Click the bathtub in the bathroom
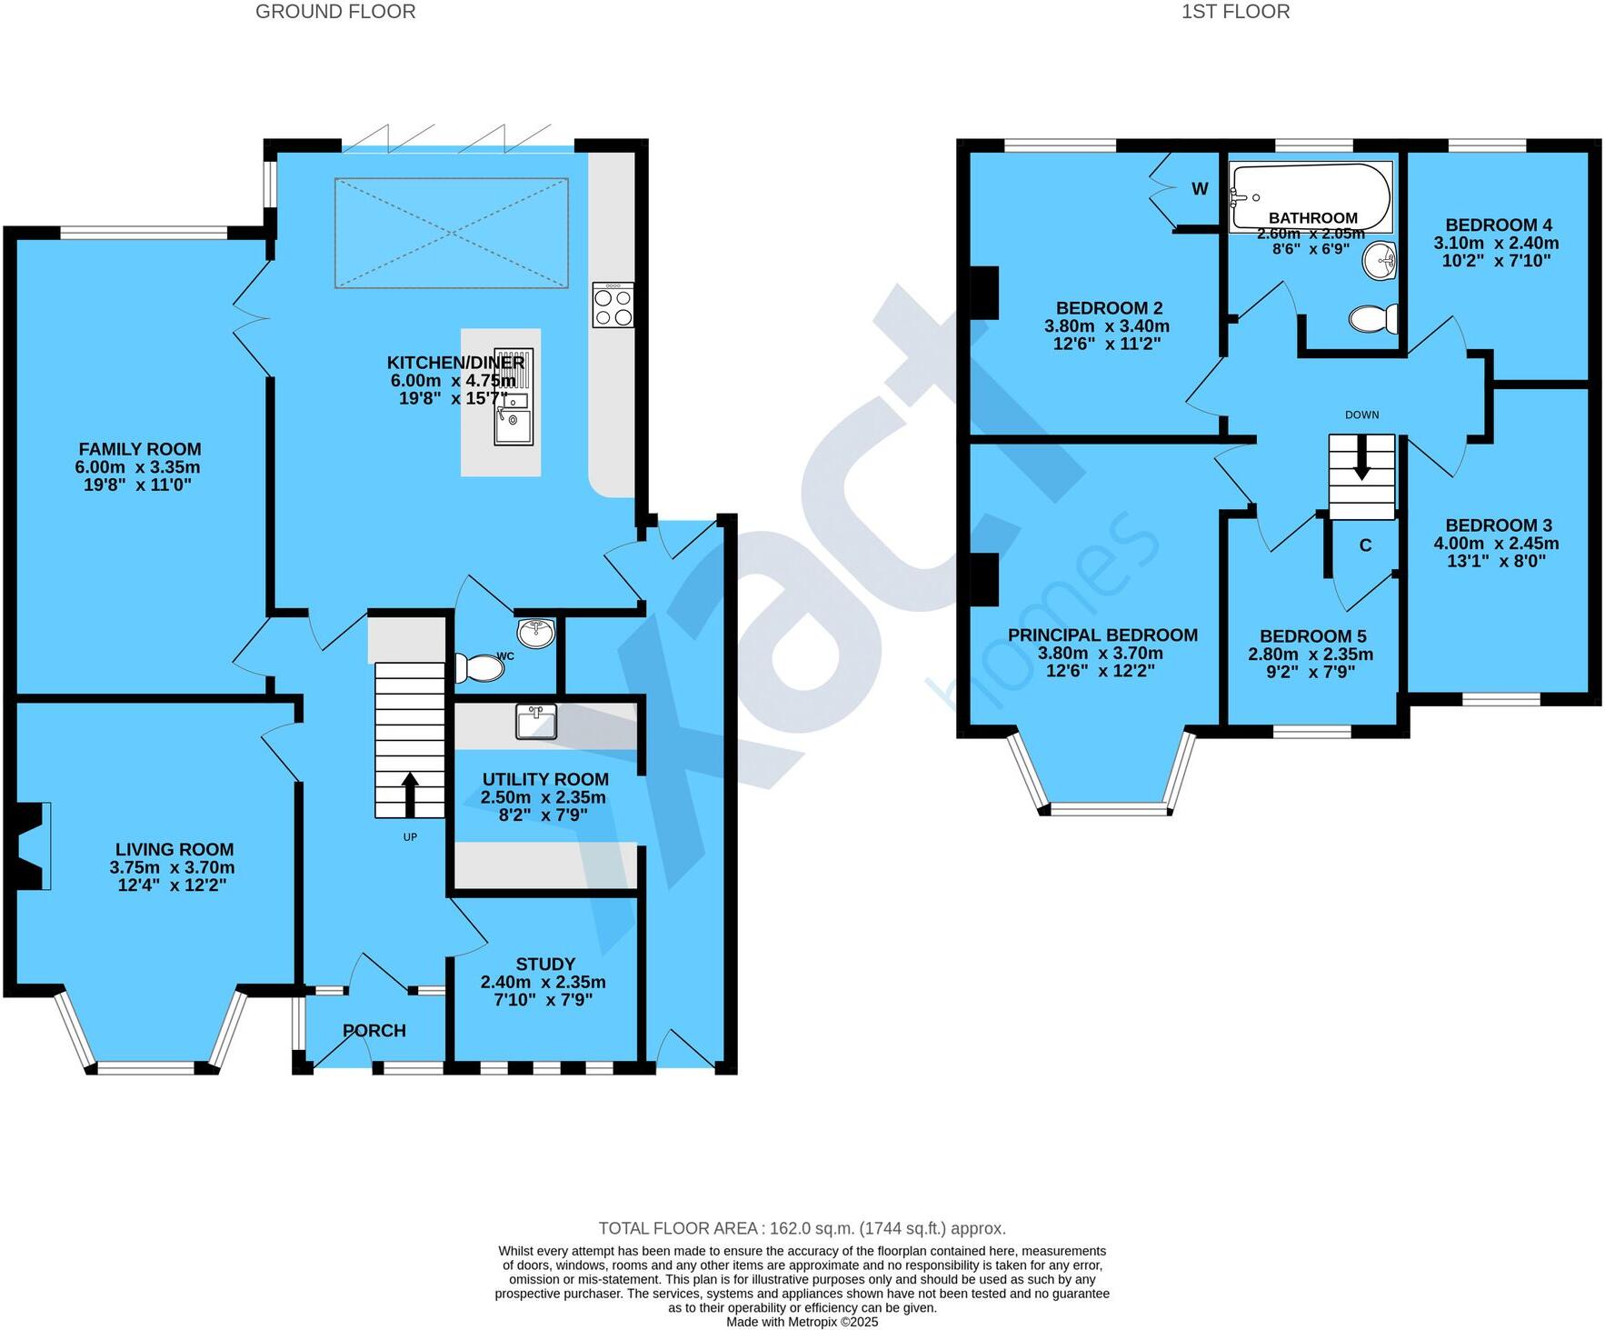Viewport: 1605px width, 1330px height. pos(1310,195)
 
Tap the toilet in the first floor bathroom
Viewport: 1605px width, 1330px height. pos(1373,319)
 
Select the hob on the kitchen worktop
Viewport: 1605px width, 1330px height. pos(613,305)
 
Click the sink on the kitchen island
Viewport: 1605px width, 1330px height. pos(513,423)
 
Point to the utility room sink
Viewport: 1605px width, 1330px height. pos(536,722)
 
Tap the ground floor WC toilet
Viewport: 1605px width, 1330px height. pos(479,669)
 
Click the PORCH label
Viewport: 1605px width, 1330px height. pos(374,1030)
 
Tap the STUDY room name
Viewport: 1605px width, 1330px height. pos(545,964)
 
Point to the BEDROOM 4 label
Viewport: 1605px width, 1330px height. pos(1498,225)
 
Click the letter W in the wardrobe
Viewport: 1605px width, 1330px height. pos(1200,189)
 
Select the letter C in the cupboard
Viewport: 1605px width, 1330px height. pos(1365,545)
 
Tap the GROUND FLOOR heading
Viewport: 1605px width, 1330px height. pos(335,12)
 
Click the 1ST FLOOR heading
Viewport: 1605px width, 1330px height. pos(1235,12)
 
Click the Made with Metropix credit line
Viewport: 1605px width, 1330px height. pos(802,1322)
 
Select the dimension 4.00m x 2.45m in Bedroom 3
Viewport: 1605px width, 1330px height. pos(1496,544)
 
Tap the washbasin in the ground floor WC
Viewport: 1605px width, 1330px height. pos(537,633)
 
